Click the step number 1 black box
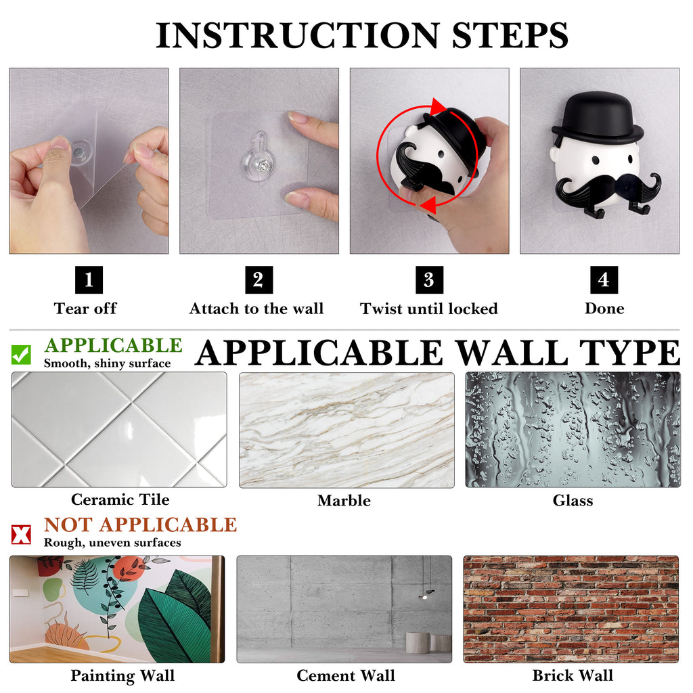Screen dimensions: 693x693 coord(89,280)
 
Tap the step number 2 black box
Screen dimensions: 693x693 coord(259,280)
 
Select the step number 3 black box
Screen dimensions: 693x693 coord(429,280)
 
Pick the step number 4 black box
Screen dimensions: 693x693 coord(604,280)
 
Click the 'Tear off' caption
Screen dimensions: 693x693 coord(85,309)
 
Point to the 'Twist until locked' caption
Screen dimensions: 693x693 coord(429,309)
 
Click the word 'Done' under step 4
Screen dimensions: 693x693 coord(604,309)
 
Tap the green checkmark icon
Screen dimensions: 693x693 coord(21,355)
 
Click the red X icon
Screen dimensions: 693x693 coord(21,535)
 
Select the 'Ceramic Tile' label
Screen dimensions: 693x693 coord(120,499)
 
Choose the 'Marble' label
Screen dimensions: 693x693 coord(344,500)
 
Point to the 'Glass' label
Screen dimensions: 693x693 coord(573,500)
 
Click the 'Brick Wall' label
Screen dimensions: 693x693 coord(573,675)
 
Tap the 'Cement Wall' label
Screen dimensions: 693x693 coord(346,675)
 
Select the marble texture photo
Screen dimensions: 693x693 coord(346,430)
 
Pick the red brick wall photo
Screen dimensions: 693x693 coord(571,610)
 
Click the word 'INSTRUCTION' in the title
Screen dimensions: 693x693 coord(298,35)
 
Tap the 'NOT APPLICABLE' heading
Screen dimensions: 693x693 coord(141,524)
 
